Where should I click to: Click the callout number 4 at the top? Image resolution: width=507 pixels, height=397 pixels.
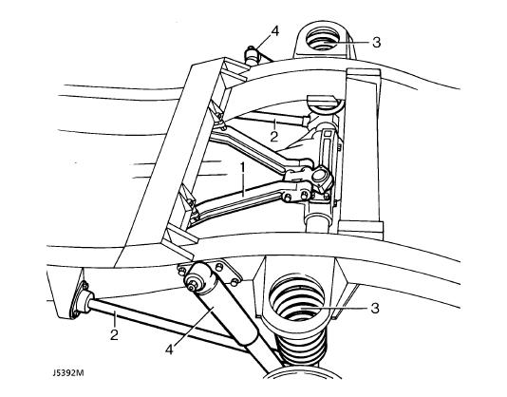[x=274, y=31]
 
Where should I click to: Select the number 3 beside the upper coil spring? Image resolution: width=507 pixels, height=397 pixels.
[x=376, y=43]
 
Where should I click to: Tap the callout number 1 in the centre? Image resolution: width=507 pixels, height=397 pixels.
[x=242, y=168]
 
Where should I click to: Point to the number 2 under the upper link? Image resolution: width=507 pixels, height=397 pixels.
[x=273, y=137]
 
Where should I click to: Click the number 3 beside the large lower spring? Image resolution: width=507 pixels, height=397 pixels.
[x=374, y=309]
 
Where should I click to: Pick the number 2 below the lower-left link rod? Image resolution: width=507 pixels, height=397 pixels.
[x=114, y=335]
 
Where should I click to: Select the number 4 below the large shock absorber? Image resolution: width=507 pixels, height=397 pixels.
[x=169, y=350]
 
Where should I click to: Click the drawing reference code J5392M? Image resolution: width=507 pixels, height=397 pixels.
[x=68, y=372]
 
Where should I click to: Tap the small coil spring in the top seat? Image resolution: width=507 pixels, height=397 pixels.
[x=322, y=40]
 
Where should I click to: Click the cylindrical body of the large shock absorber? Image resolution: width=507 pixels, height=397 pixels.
[x=228, y=320]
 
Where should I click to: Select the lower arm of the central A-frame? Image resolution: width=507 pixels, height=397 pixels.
[x=239, y=200]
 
